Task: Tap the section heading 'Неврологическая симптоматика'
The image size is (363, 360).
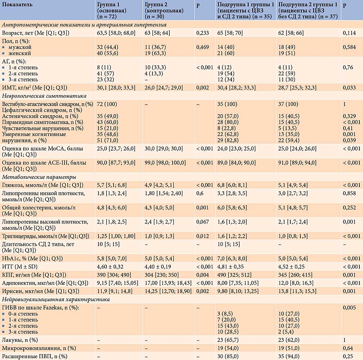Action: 42,96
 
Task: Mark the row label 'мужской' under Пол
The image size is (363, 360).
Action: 19,47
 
